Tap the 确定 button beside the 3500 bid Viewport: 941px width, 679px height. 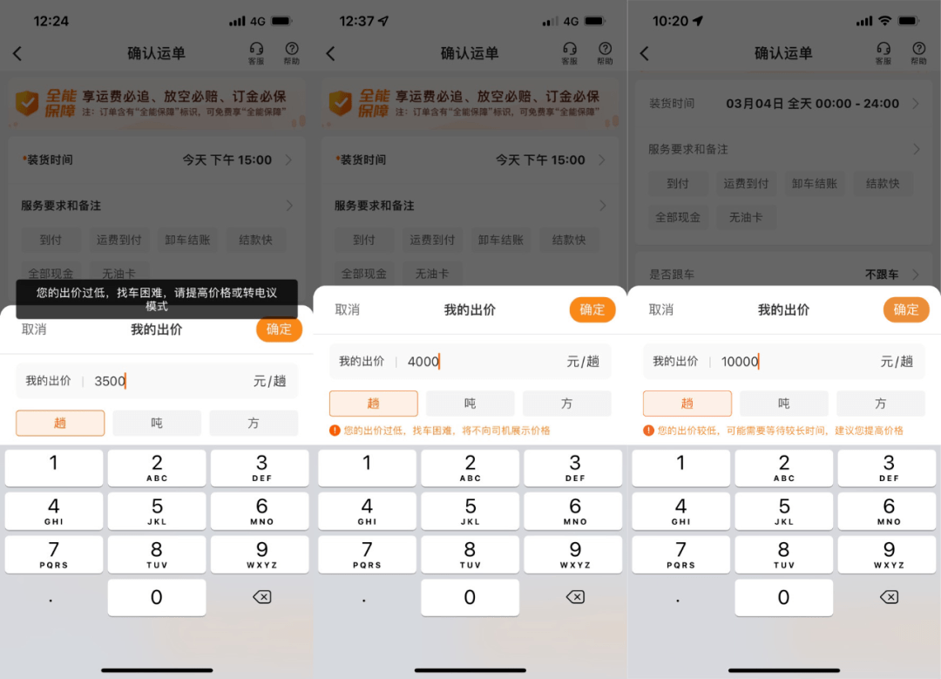(x=279, y=329)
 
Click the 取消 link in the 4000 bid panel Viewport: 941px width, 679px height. (x=348, y=309)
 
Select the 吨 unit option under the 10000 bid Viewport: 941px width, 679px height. (x=783, y=404)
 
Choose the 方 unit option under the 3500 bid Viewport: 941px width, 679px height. (x=254, y=423)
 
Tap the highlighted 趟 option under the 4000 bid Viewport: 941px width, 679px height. (x=374, y=404)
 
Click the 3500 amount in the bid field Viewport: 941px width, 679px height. (x=110, y=381)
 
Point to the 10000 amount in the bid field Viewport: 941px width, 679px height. (x=740, y=362)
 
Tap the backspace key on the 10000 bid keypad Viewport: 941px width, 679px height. (x=888, y=597)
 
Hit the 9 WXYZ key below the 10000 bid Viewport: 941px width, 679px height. (x=888, y=554)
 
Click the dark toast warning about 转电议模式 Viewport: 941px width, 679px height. (x=157, y=299)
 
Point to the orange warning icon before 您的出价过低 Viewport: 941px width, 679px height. (x=335, y=431)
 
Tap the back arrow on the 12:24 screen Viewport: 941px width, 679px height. (x=17, y=54)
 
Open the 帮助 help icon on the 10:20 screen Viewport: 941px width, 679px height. (x=918, y=52)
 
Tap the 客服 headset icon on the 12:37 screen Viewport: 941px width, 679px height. (x=570, y=52)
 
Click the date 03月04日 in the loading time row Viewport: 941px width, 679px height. (x=755, y=104)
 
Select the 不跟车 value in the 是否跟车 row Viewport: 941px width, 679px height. (x=881, y=275)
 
